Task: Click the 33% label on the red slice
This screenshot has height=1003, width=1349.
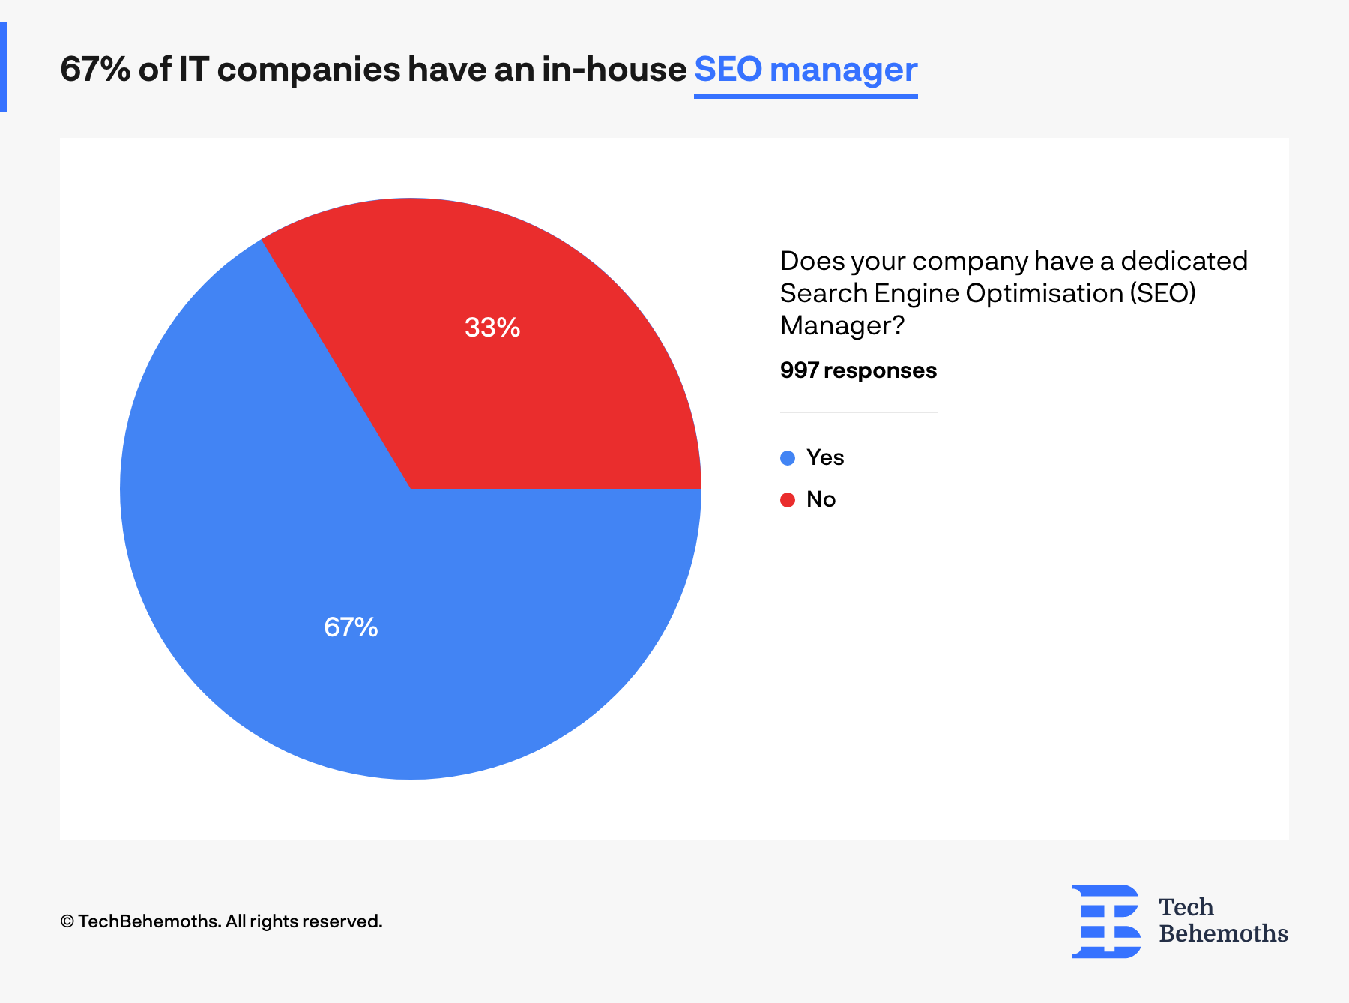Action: tap(492, 328)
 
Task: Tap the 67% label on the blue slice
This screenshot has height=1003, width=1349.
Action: tap(351, 627)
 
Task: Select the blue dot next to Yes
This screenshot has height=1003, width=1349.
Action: tap(788, 458)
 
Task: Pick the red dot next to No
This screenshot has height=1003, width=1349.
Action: tap(788, 500)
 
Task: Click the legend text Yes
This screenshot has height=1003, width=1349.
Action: tap(825, 457)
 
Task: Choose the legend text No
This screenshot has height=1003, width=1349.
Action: tap(821, 499)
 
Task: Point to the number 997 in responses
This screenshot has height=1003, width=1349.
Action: tap(799, 370)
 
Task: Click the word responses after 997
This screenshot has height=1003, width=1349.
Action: tap(880, 370)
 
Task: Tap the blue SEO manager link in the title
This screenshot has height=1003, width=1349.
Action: tap(806, 70)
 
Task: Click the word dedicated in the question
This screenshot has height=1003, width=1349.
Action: tap(1184, 261)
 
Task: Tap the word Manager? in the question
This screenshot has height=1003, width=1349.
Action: tap(842, 325)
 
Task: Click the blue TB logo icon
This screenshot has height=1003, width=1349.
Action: tap(1106, 921)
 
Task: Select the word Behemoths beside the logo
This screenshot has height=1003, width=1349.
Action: tap(1223, 933)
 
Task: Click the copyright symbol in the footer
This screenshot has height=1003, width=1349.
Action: tap(67, 921)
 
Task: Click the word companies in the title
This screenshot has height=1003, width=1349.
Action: tap(309, 70)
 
